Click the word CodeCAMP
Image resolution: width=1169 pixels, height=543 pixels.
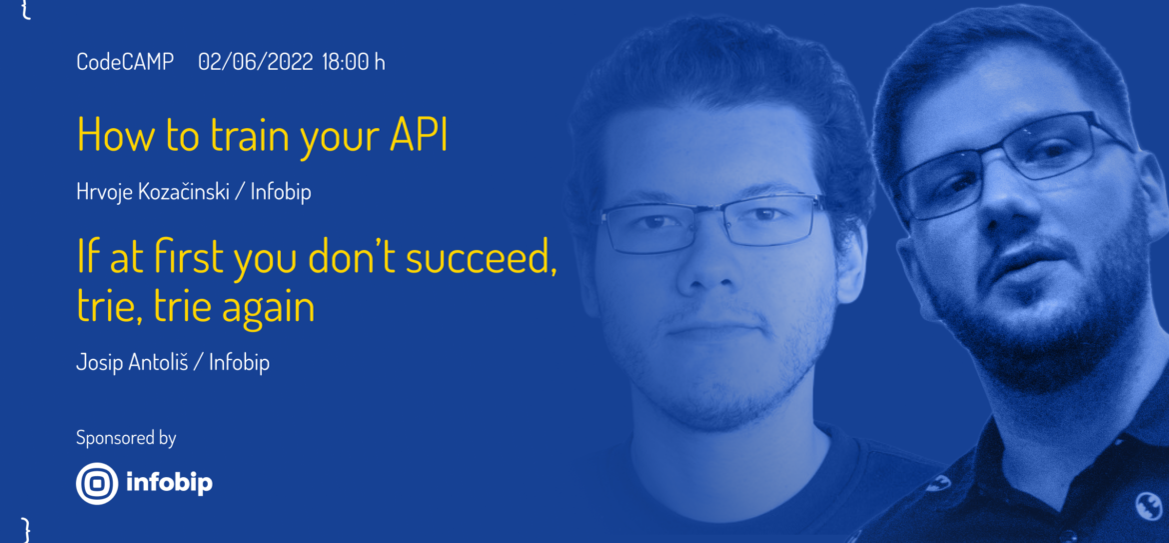point(125,62)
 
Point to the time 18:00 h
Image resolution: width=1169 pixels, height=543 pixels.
point(354,62)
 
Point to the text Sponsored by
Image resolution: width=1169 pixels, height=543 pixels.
point(126,438)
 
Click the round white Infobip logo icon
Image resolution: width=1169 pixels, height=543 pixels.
point(98,483)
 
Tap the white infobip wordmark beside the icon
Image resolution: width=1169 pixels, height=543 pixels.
point(169,483)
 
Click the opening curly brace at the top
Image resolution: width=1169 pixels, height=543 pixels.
point(27,9)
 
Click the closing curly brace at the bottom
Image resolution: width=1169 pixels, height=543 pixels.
point(27,529)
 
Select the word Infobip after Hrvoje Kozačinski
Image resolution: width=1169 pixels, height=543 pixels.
point(281,192)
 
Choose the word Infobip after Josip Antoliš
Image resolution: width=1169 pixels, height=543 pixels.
point(239,363)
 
